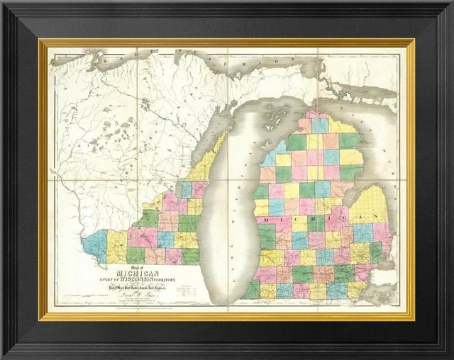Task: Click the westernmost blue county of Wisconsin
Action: (94, 244)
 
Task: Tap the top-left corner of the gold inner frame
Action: (41, 41)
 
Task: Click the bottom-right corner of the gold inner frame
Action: (413, 318)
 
